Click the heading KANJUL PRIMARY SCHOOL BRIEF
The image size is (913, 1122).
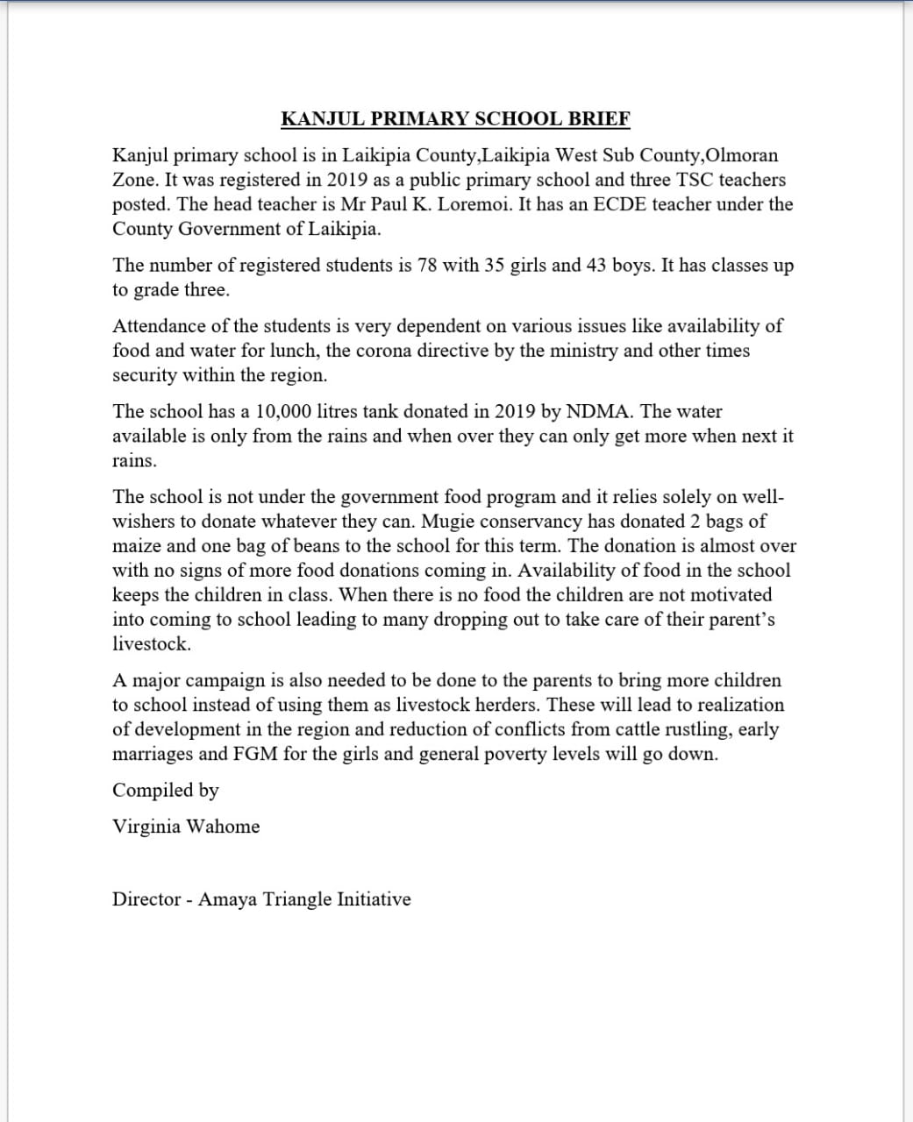click(455, 119)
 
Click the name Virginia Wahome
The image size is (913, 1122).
click(186, 827)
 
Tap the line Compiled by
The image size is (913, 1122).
click(166, 791)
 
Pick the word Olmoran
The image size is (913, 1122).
click(742, 156)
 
